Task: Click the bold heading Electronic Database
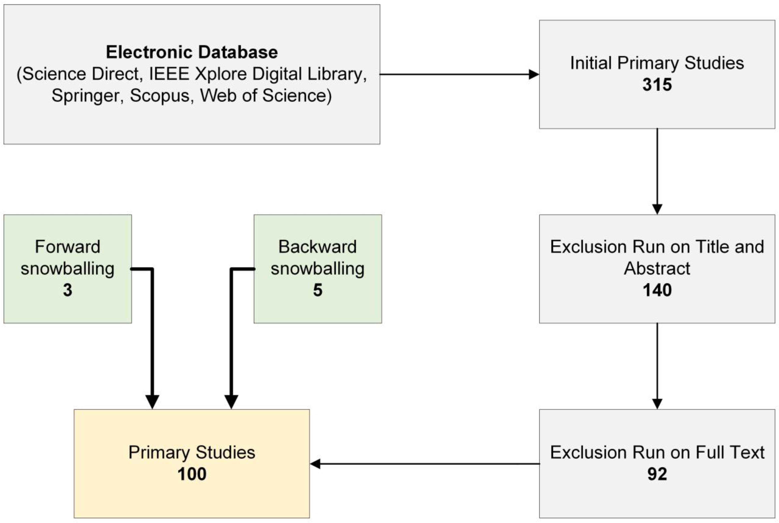click(x=192, y=52)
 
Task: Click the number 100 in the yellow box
click(x=192, y=474)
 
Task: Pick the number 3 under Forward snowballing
click(x=68, y=290)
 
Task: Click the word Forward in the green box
click(x=68, y=247)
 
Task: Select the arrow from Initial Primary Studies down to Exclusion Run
click(x=657, y=170)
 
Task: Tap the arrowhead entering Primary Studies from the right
click(x=315, y=464)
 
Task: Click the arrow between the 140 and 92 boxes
click(x=657, y=365)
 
